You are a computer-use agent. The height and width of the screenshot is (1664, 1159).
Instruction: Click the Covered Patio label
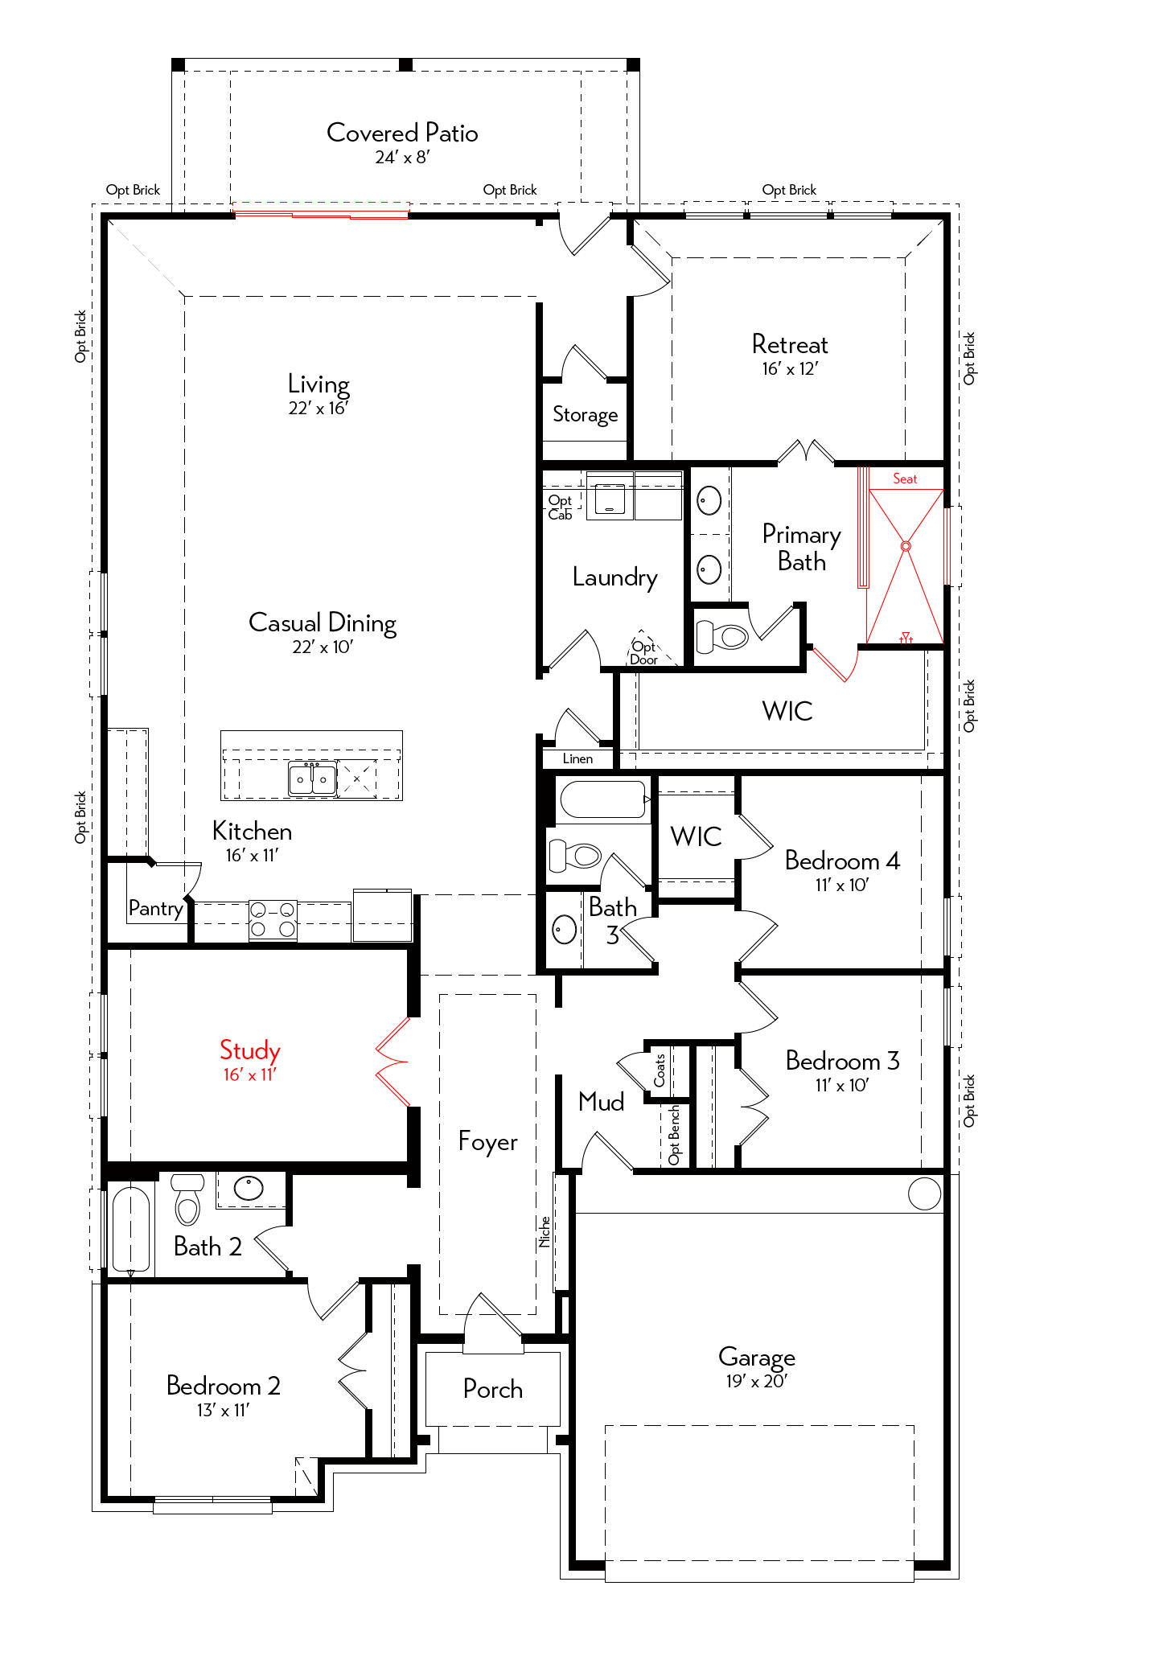pyautogui.click(x=402, y=133)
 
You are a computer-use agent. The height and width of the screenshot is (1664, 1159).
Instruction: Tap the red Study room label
pyautogui.click(x=250, y=1050)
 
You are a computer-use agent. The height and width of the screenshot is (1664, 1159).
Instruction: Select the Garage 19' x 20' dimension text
pyautogui.click(x=756, y=1381)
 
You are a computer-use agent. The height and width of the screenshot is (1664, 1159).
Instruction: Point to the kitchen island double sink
pyautogui.click(x=312, y=779)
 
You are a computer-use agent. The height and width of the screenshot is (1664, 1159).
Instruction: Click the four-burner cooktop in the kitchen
pyautogui.click(x=273, y=920)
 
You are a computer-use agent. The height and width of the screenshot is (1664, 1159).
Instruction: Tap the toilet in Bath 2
pyautogui.click(x=187, y=1199)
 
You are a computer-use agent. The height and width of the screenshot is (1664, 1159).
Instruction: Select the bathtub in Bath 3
pyautogui.click(x=603, y=799)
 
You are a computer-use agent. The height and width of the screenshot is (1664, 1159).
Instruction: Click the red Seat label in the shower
pyautogui.click(x=905, y=479)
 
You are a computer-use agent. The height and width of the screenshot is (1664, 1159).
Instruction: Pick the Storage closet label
pyautogui.click(x=586, y=415)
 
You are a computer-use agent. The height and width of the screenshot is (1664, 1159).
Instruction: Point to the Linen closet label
pyautogui.click(x=577, y=758)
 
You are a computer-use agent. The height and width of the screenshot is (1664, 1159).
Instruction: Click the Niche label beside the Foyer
pyautogui.click(x=545, y=1231)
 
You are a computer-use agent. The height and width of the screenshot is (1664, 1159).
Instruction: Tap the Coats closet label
pyautogui.click(x=660, y=1070)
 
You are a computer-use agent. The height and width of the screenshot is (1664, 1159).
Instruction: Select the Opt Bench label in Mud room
pyautogui.click(x=674, y=1135)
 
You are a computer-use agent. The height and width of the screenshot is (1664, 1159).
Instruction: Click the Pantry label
pyautogui.click(x=156, y=909)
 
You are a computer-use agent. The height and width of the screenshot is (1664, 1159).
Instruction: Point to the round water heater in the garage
pyautogui.click(x=924, y=1194)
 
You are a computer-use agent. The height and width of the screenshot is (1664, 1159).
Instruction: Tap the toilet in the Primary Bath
pyautogui.click(x=722, y=638)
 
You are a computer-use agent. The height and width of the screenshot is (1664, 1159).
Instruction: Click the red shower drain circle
pyautogui.click(x=906, y=546)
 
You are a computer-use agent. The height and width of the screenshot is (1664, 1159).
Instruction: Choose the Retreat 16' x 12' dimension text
pyautogui.click(x=790, y=369)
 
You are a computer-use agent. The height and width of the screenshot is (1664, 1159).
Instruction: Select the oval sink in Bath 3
pyautogui.click(x=565, y=930)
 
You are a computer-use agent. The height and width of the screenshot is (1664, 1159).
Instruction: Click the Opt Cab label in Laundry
pyautogui.click(x=560, y=507)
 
